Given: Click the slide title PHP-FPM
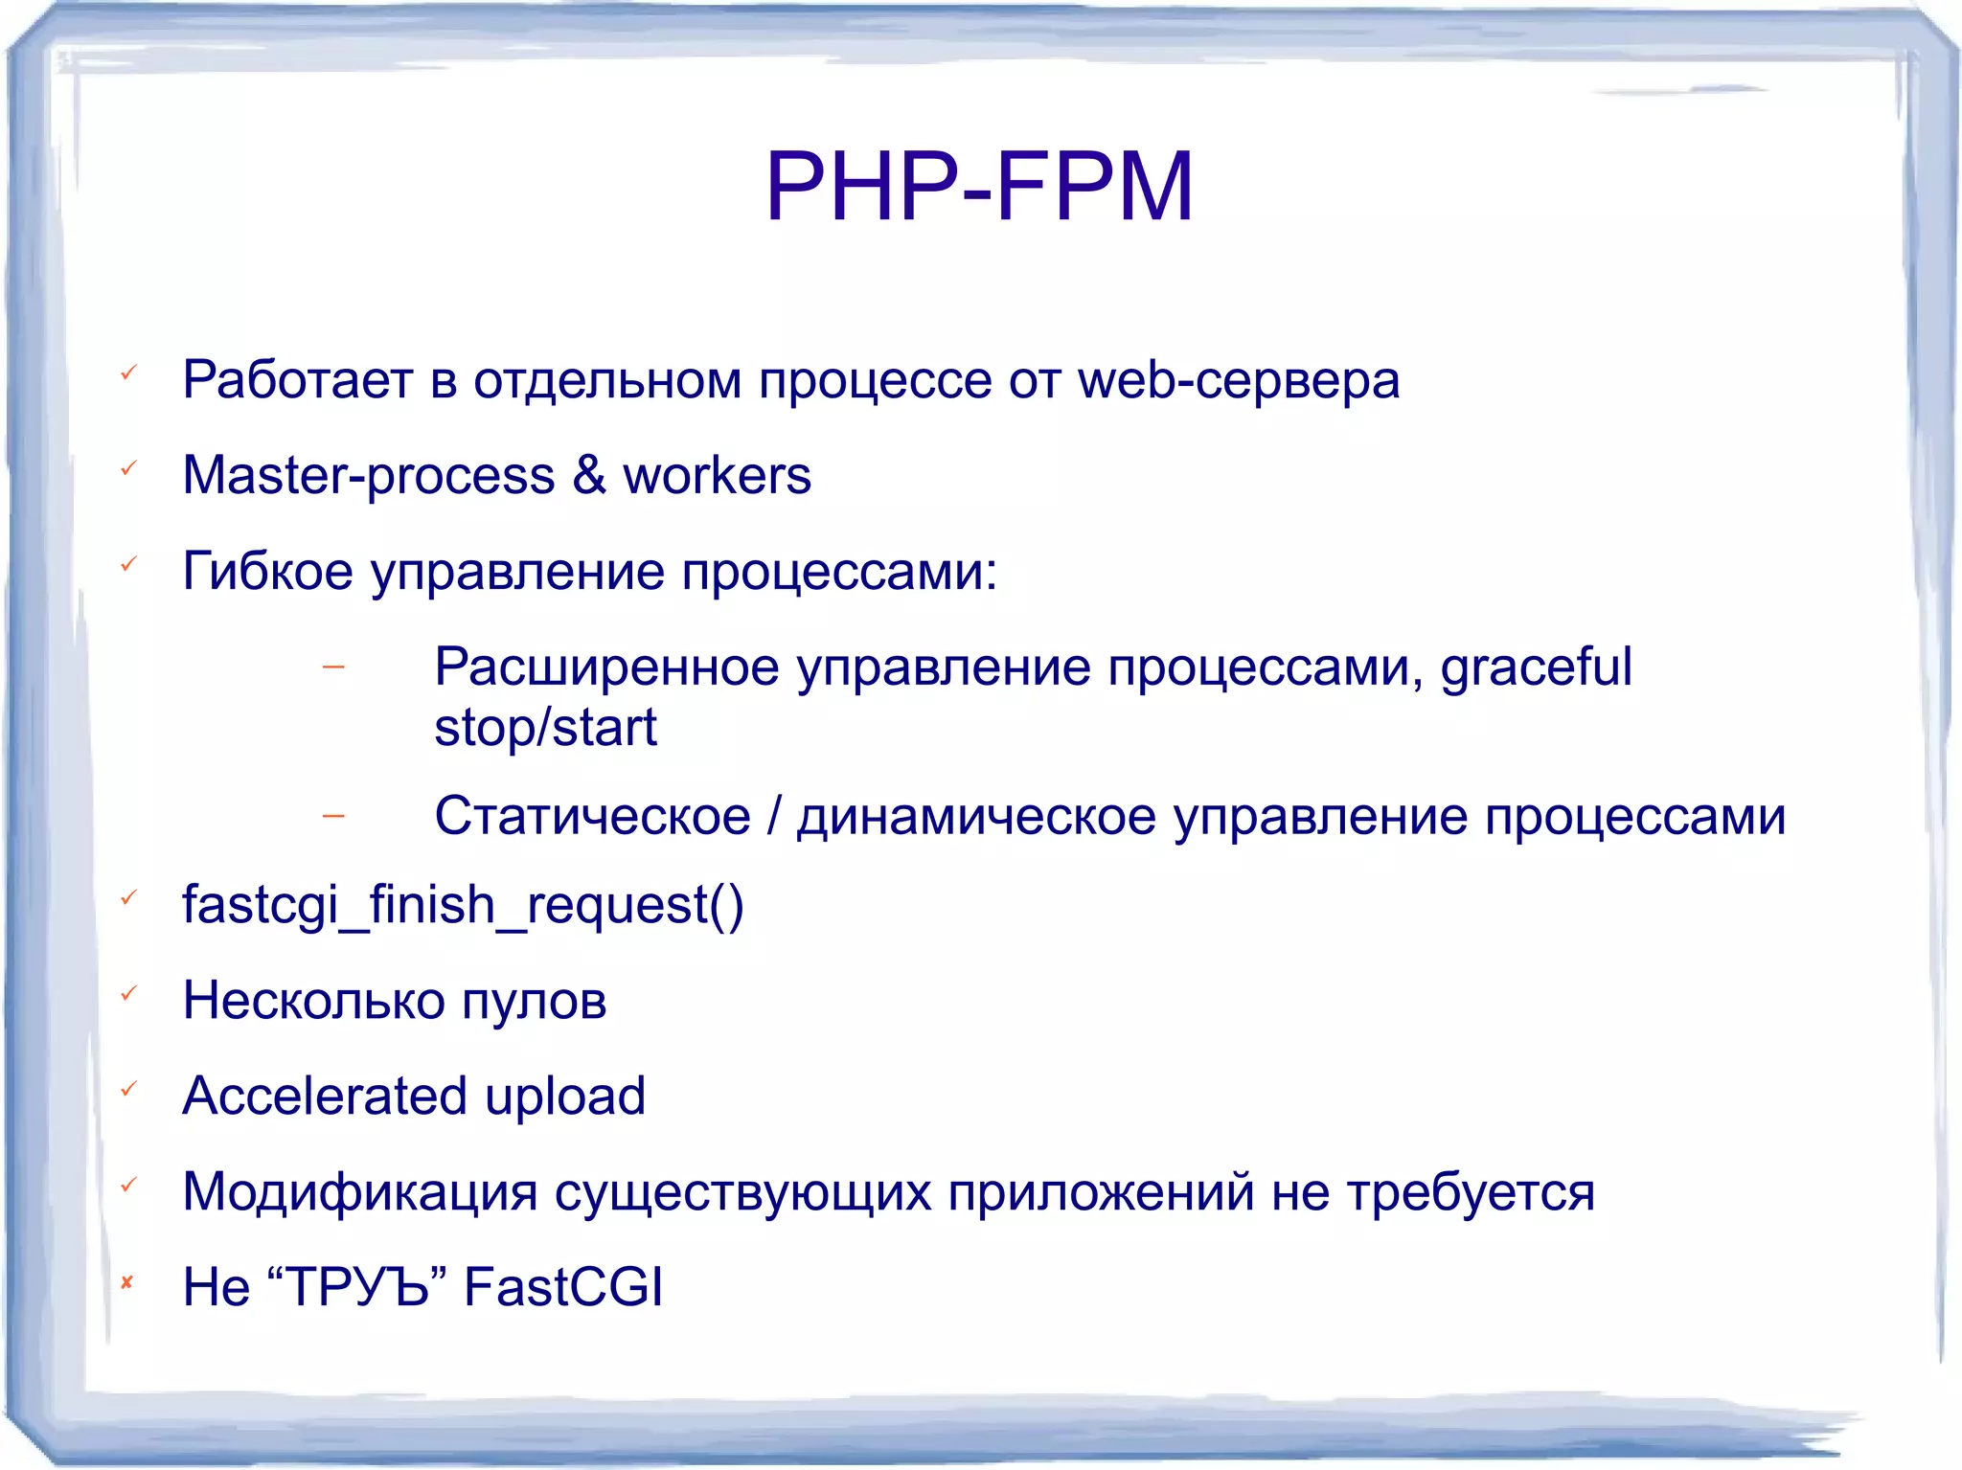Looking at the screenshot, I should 979,187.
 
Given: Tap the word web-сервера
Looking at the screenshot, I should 1238,381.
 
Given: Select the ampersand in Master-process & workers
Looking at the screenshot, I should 589,475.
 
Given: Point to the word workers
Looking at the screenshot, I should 717,476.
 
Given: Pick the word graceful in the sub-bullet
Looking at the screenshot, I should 1536,668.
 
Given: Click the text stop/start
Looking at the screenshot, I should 545,728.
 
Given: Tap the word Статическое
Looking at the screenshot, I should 592,816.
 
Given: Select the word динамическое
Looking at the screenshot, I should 976,817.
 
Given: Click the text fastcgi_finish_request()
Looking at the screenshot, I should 463,905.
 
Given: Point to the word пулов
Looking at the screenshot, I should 534,1002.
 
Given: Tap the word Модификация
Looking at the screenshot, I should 360,1192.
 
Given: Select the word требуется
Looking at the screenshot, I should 1471,1193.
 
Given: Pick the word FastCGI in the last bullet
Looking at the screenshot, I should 563,1286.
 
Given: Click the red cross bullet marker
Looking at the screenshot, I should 126,1282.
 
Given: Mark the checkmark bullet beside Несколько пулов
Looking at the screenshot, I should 128,993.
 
